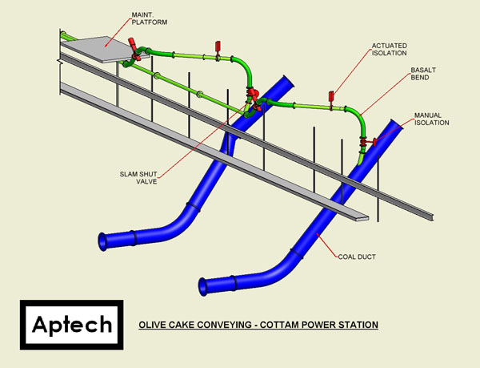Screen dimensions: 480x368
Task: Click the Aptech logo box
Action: [72, 325]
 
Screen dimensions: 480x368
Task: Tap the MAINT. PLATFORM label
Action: [150, 18]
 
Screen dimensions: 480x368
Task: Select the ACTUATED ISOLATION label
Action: [390, 50]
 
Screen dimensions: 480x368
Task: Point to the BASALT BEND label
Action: [423, 74]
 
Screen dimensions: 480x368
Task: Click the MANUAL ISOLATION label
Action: [432, 119]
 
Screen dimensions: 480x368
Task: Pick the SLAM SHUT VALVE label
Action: [138, 178]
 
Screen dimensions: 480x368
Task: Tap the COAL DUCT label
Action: [357, 257]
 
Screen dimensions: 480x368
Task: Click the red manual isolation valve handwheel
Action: [374, 142]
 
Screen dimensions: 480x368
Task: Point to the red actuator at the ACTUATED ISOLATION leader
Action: [331, 96]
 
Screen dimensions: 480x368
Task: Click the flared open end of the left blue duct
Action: [102, 241]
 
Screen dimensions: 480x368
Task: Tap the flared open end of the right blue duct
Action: [202, 287]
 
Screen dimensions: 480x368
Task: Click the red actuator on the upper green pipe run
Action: [218, 46]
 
